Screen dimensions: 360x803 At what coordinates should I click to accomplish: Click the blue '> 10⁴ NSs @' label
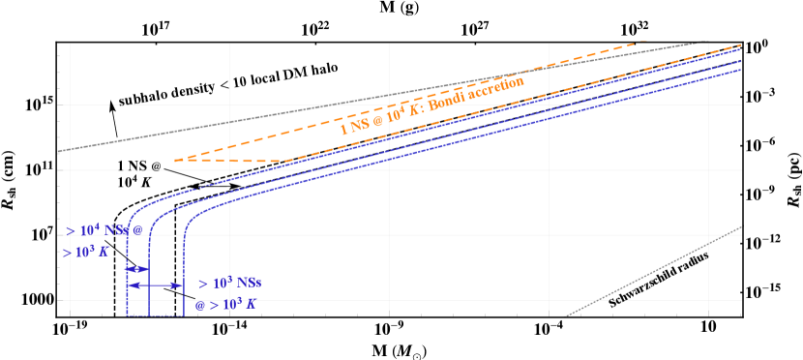pos(104,230)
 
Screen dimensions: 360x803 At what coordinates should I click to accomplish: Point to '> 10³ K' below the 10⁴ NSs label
pos(86,253)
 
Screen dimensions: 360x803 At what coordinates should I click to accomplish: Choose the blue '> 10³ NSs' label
pos(229,284)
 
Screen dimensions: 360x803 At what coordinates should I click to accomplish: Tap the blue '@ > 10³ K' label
pos(225,304)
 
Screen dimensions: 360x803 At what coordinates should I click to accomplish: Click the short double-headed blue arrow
pos(138,268)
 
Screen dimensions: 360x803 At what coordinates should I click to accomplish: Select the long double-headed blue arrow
pos(156,285)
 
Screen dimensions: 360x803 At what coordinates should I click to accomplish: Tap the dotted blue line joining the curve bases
pos(156,315)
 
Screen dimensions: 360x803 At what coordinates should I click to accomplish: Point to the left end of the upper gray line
pos(60,150)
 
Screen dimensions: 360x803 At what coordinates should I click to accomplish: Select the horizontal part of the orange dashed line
pos(242,161)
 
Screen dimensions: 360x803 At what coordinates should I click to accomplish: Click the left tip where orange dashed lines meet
pos(176,160)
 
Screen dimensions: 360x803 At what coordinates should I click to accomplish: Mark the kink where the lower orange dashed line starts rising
pos(290,161)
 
